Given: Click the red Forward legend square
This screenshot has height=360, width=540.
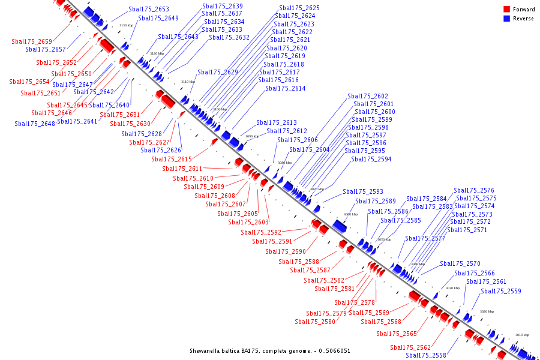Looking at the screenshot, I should pos(507,9).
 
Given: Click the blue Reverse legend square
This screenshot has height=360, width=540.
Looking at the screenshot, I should pos(507,19).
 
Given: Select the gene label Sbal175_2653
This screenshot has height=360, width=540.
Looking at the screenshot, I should pos(149,10).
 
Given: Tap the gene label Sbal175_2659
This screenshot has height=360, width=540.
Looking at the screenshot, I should pos(32,41).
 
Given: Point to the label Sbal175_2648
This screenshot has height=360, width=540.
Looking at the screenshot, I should pos(35,124).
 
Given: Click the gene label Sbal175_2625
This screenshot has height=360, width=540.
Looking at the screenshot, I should pos(299,8).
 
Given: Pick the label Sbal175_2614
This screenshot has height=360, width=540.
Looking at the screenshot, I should pos(286,88).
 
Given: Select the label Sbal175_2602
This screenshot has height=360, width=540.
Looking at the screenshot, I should pos(368,96).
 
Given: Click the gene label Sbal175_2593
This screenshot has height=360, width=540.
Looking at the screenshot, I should pos(363,191).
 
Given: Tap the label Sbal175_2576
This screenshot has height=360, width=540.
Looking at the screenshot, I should pos(474,190).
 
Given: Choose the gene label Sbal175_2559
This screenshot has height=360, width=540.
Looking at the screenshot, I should pos(501,291).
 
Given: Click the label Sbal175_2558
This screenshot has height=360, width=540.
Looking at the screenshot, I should pos(426,355).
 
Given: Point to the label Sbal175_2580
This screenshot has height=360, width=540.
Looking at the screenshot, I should pos(315,322).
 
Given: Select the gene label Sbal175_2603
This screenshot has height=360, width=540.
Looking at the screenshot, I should pos(248,222).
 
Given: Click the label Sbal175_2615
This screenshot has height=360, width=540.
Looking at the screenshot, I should pos(172,159).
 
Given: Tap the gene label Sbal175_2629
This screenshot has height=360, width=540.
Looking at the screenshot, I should pos(218,72).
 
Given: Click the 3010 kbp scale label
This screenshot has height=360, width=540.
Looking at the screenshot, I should pos(522,335).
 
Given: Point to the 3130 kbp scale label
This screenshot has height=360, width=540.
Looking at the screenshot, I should pos(126,25).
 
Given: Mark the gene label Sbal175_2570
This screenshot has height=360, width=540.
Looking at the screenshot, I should pos(460,263).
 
